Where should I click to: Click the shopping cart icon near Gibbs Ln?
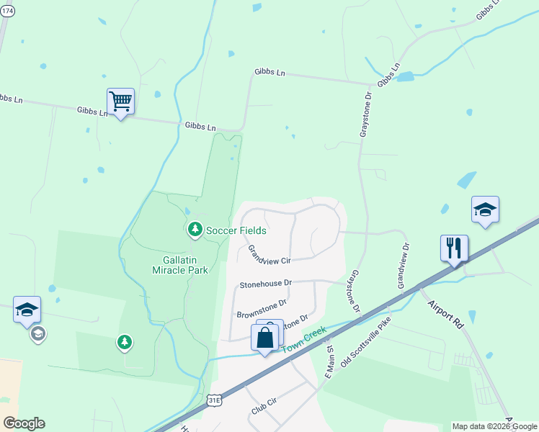(x=120, y=102)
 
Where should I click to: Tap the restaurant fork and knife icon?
(x=454, y=248)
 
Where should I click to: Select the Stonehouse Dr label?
(x=266, y=284)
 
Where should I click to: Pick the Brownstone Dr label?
(x=262, y=309)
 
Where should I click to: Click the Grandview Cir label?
(x=268, y=255)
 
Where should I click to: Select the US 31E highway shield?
(x=213, y=399)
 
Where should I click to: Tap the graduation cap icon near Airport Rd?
(x=484, y=210)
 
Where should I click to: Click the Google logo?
(x=24, y=423)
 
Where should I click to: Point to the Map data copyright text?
(x=494, y=426)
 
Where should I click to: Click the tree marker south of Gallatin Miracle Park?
(x=125, y=342)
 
